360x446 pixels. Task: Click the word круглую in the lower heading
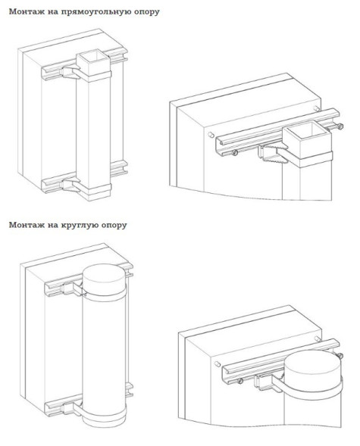[77, 225]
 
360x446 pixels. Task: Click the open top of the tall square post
[93, 58]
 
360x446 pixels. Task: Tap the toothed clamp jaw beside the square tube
[272, 154]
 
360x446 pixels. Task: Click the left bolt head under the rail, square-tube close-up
[234, 153]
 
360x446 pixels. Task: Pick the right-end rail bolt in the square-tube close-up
[340, 126]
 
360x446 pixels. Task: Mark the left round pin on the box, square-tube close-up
[211, 135]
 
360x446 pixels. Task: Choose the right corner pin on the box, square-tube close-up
[317, 108]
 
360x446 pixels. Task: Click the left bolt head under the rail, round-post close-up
[240, 381]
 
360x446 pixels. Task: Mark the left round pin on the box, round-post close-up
[218, 363]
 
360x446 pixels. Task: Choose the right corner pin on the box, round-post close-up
[318, 338]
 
